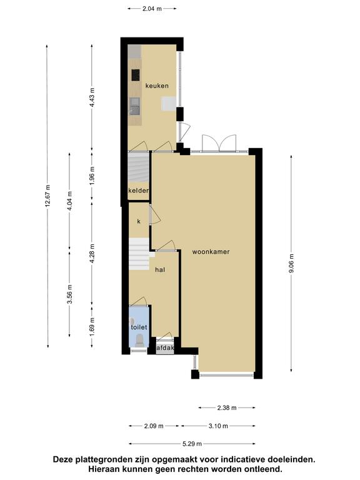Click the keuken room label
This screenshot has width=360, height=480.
pos(157,86)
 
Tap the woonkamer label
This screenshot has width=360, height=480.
pos(211,252)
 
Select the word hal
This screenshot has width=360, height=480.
pos(160,269)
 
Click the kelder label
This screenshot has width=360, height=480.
pos(139,191)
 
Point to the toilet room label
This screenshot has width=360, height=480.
pos(139,327)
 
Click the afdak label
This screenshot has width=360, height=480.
pos(165,348)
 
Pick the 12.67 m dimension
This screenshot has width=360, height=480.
pos(47,196)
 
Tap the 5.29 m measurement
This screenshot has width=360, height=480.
pos(192,444)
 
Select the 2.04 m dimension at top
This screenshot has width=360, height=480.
pos(152,9)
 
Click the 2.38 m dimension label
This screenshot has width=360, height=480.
pos(227,407)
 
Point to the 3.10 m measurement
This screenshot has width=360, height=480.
pos(218,426)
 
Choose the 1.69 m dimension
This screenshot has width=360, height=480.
pos(92,327)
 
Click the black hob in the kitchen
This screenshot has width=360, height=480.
pos(136,75)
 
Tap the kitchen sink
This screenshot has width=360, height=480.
pos(134,106)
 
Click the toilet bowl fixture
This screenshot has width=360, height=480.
pos(139,341)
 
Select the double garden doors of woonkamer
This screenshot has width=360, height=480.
pos(219,144)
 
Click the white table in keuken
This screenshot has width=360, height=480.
pos(169,104)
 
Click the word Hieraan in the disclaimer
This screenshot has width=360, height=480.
pos(106,469)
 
